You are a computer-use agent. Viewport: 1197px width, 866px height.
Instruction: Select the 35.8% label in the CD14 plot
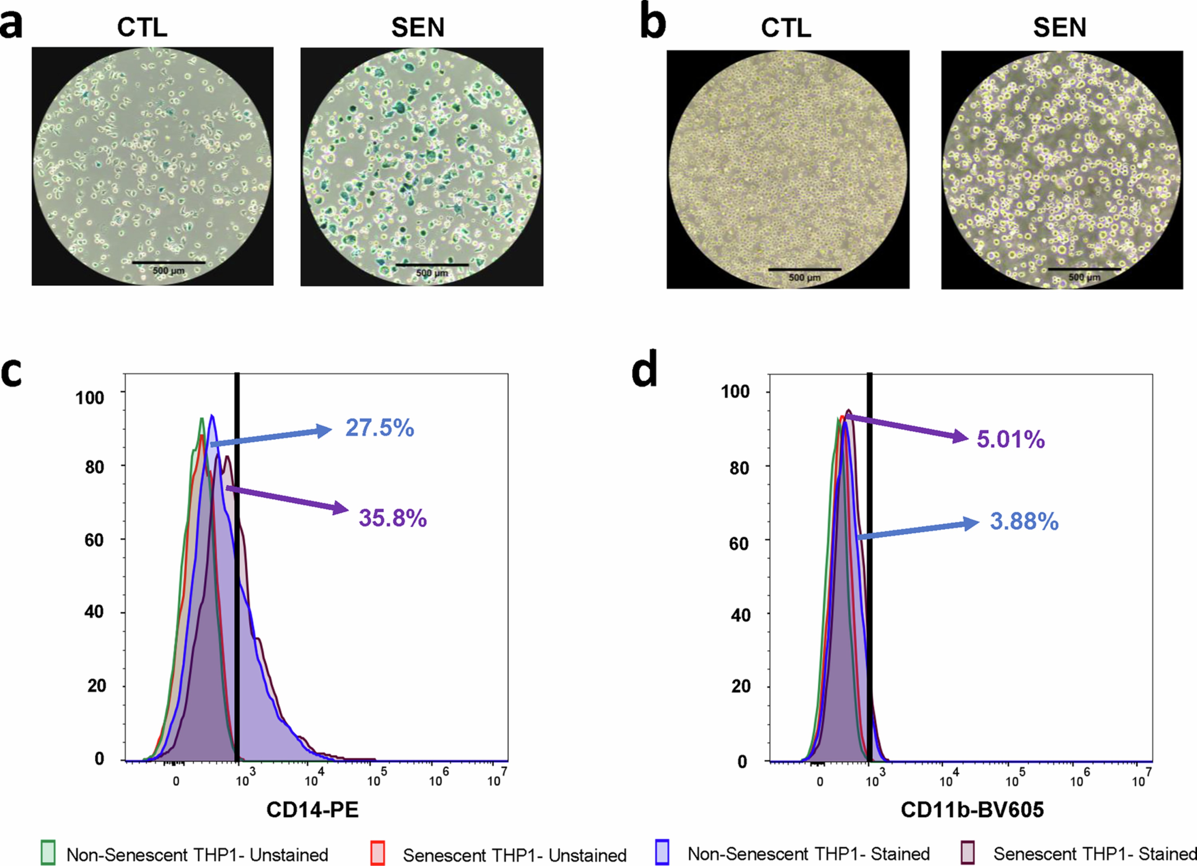(x=393, y=518)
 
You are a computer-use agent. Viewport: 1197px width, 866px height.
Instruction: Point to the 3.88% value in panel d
(x=1024, y=521)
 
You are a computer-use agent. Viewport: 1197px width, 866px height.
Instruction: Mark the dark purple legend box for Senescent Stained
(x=967, y=852)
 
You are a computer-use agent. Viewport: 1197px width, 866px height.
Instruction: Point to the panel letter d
(x=644, y=369)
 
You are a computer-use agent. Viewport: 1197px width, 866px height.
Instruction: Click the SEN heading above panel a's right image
(x=418, y=27)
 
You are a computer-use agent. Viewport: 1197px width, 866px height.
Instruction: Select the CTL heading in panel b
(x=785, y=27)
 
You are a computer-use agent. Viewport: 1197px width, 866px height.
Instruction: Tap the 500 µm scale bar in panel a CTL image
(x=168, y=262)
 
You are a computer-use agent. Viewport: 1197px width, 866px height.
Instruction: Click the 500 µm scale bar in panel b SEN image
(x=1084, y=269)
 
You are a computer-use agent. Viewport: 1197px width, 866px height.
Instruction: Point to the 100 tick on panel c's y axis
(x=90, y=397)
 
